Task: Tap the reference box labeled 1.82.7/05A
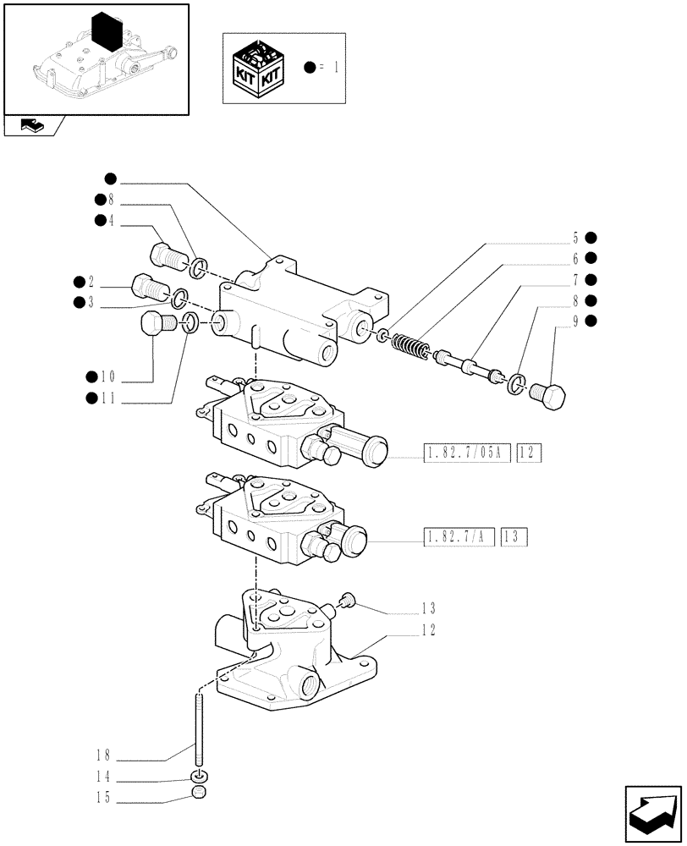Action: click(x=464, y=454)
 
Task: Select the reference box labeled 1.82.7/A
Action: click(x=457, y=536)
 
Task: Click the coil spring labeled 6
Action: click(x=410, y=346)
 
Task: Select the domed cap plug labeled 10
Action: click(x=152, y=326)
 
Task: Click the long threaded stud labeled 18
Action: click(x=200, y=728)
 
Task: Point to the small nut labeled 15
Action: click(x=200, y=794)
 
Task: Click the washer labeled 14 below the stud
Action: click(x=200, y=777)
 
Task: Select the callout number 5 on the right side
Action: click(x=574, y=238)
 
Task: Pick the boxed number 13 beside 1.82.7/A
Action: click(x=514, y=536)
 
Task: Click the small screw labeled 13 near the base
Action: click(x=347, y=601)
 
